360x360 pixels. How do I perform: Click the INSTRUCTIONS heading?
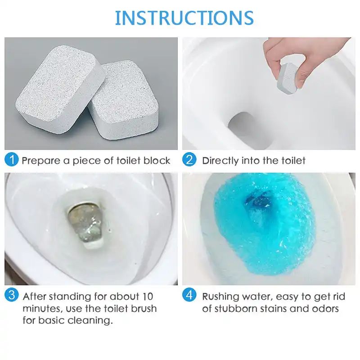point(184,18)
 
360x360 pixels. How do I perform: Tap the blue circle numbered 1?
point(12,160)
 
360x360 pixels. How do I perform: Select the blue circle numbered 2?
point(190,160)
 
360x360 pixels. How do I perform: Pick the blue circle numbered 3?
point(12,296)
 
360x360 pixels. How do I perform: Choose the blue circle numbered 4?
point(190,296)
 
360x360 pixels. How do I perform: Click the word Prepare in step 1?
point(39,161)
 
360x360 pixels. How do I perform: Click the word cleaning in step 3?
point(95,321)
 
